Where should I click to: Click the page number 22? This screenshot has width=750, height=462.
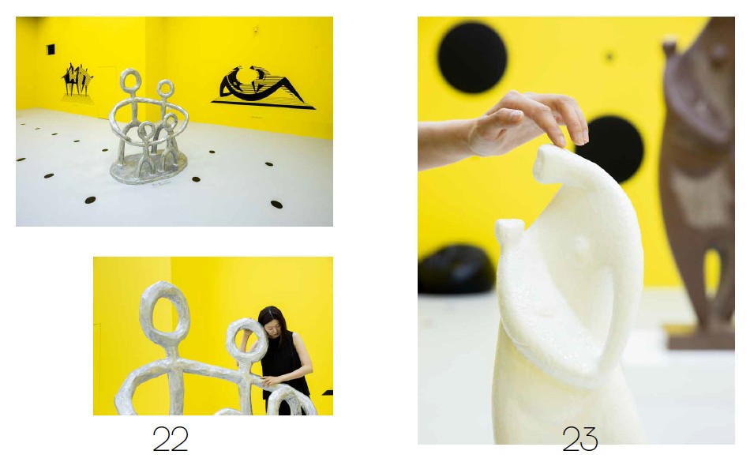[x=171, y=438]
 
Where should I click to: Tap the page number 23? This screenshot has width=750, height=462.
[x=579, y=438]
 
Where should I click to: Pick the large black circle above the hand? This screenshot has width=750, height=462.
[x=472, y=58]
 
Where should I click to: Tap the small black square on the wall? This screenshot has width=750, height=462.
[x=51, y=49]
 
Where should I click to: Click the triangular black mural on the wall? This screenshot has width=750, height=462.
[x=262, y=88]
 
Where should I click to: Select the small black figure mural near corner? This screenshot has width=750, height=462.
[x=77, y=81]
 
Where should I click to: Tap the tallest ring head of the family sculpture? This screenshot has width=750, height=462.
[x=130, y=82]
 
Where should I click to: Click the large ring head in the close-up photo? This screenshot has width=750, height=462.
[x=164, y=312]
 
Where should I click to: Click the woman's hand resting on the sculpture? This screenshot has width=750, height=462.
[x=272, y=381]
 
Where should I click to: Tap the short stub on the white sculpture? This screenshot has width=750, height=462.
[x=510, y=231]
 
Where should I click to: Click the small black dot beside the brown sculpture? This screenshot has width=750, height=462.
[x=609, y=56]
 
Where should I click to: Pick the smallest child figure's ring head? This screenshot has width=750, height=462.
[x=146, y=130]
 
